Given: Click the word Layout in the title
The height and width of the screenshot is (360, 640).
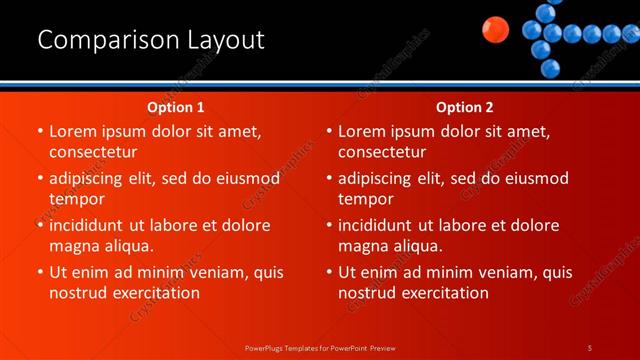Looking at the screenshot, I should [225, 41].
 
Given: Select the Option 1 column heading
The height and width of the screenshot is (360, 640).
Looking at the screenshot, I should [176, 107].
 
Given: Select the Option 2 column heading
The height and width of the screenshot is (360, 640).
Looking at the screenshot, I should [465, 107].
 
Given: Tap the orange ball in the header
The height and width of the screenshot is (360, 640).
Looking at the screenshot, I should [494, 30].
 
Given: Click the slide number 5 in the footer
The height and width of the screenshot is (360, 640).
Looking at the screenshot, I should [589, 347].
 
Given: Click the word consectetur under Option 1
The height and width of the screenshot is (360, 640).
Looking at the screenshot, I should [93, 152].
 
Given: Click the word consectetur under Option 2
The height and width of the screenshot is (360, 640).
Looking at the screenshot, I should [382, 152].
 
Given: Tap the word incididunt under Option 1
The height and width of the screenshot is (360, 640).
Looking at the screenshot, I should [90, 226].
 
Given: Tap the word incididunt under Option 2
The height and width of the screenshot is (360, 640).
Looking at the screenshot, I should [379, 226].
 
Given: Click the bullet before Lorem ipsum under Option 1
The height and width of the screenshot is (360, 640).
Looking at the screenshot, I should [39, 131].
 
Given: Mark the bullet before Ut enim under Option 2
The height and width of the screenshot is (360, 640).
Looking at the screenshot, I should [328, 272].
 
